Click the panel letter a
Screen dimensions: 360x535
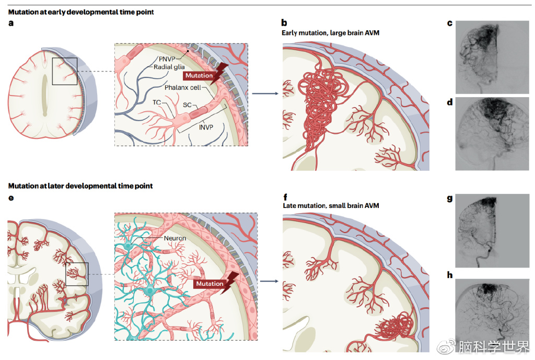pos(11,23)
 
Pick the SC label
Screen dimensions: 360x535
pos(187,105)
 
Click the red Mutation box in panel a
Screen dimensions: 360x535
pos(199,75)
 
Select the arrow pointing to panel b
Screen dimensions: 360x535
pos(263,95)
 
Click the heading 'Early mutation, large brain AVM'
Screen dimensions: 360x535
pos(330,33)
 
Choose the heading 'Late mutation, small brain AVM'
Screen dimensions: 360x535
pos(330,206)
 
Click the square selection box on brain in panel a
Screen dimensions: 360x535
pos(65,71)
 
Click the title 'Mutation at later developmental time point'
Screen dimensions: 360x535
pos(80,186)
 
